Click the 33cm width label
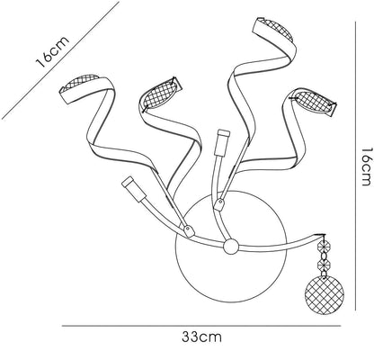[x=201, y=337]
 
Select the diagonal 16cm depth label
[x=53, y=51]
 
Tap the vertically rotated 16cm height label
[x=367, y=166]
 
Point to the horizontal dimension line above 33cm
[x=201, y=326]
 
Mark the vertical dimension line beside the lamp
[x=355, y=166]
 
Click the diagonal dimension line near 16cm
[x=60, y=60]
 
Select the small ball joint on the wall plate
[x=230, y=247]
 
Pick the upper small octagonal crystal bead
[x=324, y=247]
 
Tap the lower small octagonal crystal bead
[x=324, y=265]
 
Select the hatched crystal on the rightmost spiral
[x=312, y=102]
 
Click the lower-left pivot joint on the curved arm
[x=189, y=230]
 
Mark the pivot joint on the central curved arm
[x=218, y=205]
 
